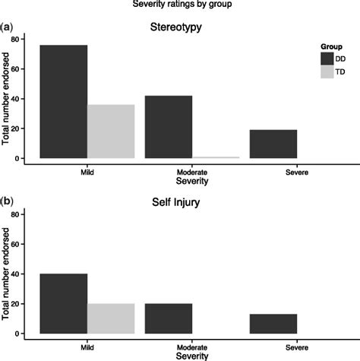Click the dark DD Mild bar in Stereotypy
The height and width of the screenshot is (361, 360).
[x=64, y=102]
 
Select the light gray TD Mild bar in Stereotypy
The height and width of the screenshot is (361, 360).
[x=111, y=131]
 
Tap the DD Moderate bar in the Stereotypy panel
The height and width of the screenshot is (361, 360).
[x=169, y=127]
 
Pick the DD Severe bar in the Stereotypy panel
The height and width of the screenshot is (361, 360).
[x=273, y=144]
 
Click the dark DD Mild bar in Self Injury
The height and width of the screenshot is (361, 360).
[x=64, y=303]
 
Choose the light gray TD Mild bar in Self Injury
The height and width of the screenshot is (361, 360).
[x=111, y=318]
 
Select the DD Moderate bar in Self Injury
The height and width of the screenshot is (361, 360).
[x=169, y=318]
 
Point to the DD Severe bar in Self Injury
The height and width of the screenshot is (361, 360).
[x=273, y=324]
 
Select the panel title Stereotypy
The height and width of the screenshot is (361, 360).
[x=181, y=29]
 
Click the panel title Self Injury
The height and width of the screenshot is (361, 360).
[x=181, y=204]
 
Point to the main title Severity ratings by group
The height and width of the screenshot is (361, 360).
[x=180, y=5]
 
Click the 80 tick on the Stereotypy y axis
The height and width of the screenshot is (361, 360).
[x=15, y=39]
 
